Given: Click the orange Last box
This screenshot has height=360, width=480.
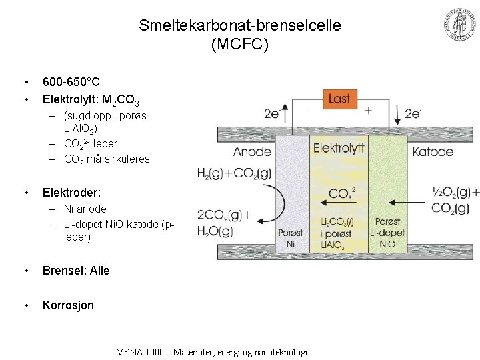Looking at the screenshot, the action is pyautogui.click(x=339, y=99).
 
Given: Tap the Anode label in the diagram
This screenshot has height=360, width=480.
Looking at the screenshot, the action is pyautogui.click(x=252, y=151).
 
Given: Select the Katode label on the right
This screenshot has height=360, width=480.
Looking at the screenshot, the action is pyautogui.click(x=433, y=151).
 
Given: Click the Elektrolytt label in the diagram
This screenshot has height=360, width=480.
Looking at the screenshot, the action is pyautogui.click(x=339, y=147).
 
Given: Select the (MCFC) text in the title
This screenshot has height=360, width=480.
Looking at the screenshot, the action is pyautogui.click(x=240, y=44).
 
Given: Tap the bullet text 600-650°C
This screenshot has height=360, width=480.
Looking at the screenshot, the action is pyautogui.click(x=71, y=83).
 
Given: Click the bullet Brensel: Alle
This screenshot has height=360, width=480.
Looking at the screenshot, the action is pyautogui.click(x=76, y=271).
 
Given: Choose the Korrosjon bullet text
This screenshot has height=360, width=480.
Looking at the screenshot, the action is pyautogui.click(x=68, y=305).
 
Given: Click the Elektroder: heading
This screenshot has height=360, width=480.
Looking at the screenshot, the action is pyautogui.click(x=71, y=193).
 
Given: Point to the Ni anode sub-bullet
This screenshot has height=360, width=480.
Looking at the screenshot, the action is pyautogui.click(x=85, y=209).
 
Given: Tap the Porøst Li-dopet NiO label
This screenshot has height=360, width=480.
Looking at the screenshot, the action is pyautogui.click(x=387, y=233).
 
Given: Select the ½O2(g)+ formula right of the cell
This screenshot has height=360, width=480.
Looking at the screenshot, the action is pyautogui.click(x=455, y=193).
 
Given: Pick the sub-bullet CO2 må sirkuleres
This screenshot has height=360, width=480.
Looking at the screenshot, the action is pyautogui.click(x=107, y=159).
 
